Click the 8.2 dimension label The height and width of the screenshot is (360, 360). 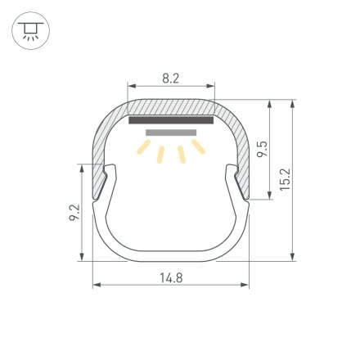(171, 79)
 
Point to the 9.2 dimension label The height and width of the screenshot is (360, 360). (74, 214)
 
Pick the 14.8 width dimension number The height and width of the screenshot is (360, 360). (171, 277)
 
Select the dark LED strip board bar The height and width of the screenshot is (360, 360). (171, 120)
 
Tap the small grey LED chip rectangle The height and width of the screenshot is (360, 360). (171, 132)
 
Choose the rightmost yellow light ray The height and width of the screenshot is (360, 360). (198, 146)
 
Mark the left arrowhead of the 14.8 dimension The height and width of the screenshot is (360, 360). (96, 286)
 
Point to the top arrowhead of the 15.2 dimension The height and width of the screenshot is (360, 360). (292, 103)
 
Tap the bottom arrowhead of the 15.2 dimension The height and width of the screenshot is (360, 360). (292, 258)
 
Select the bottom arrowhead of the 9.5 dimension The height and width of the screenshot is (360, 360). (269, 196)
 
